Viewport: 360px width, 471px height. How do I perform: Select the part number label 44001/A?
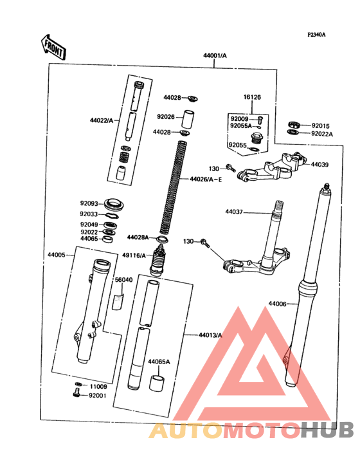click(215, 56)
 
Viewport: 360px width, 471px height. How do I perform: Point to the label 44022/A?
click(102, 120)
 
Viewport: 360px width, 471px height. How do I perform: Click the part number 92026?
click(165, 116)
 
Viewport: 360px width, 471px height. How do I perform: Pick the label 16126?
click(252, 97)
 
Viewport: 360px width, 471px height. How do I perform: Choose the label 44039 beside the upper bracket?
click(319, 165)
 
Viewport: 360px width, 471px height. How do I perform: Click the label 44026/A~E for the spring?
click(206, 178)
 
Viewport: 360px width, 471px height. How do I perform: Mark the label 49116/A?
click(134, 255)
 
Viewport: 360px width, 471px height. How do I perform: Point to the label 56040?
click(123, 280)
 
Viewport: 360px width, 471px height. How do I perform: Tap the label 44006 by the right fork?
click(278, 303)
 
